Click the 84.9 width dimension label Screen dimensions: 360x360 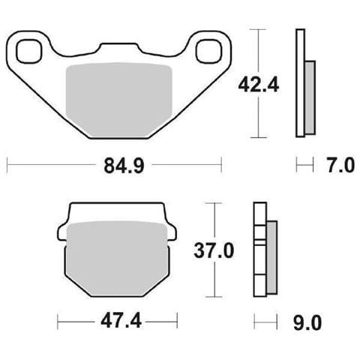coord(124,166)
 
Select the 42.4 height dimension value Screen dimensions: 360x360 coord(259,85)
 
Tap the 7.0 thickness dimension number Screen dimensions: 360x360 coord(340,165)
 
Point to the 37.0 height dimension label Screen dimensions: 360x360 coord(214,250)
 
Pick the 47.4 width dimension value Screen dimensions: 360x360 coord(121,321)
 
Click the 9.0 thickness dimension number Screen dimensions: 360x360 coord(307,323)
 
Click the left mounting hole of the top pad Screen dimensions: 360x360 coord(28,51)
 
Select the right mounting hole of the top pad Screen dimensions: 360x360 coord(209,51)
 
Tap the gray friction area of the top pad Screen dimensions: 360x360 coord(118,100)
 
